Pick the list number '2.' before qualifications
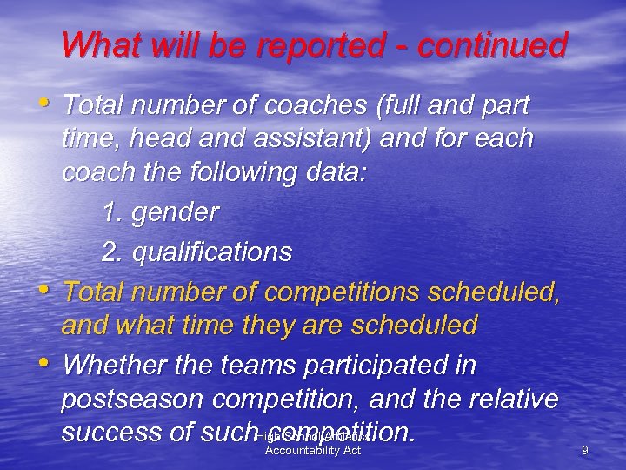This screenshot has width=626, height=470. (112, 252)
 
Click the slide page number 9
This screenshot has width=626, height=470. (585, 449)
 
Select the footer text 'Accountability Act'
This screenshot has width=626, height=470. (312, 450)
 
